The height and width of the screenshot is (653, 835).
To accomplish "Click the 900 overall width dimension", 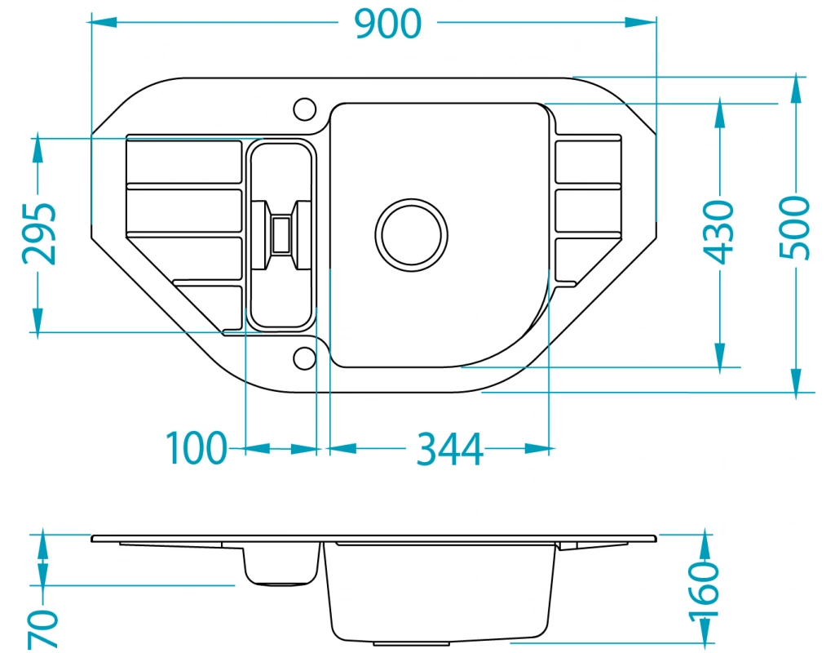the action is tap(387, 24).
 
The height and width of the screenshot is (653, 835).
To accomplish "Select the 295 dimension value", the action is tap(40, 233).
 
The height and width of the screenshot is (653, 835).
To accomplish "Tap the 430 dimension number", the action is tap(718, 232).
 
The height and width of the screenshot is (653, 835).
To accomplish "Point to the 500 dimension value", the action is tap(794, 229).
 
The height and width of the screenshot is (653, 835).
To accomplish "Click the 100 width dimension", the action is tap(197, 448).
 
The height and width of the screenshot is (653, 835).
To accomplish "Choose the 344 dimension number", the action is tap(450, 449).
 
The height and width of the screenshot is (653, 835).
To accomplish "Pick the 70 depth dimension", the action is tap(43, 629).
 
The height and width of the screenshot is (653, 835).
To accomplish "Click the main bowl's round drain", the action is tap(412, 235).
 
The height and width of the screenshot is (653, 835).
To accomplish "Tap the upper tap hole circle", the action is tap(305, 109).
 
